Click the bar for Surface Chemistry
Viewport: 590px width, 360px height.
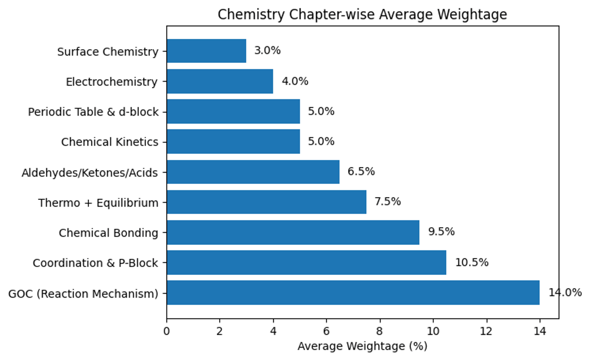pos(206,51)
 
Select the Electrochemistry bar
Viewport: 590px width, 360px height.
pos(220,81)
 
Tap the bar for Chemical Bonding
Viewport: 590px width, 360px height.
pos(293,233)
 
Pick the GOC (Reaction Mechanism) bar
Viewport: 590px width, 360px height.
pos(353,293)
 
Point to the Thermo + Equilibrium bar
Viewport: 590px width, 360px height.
pos(266,202)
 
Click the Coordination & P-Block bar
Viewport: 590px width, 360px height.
pos(306,263)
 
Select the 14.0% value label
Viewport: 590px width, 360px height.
pos(565,293)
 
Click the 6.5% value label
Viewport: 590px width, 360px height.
pos(361,172)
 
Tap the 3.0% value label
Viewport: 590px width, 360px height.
pos(267,51)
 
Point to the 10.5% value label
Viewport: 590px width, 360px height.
pos(472,263)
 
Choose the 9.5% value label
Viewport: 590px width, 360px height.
pos(441,232)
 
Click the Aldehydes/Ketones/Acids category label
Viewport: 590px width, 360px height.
pos(90,173)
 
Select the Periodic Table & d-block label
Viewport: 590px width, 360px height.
pos(93,112)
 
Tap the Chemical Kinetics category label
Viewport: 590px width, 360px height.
pos(110,143)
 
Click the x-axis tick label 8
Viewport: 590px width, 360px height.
pos(380,331)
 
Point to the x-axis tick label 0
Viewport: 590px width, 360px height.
pos(167,331)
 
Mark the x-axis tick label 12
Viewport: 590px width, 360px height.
pos(486,331)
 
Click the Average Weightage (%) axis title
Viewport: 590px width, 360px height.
pos(362,346)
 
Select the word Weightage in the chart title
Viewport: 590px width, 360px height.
pos(473,15)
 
